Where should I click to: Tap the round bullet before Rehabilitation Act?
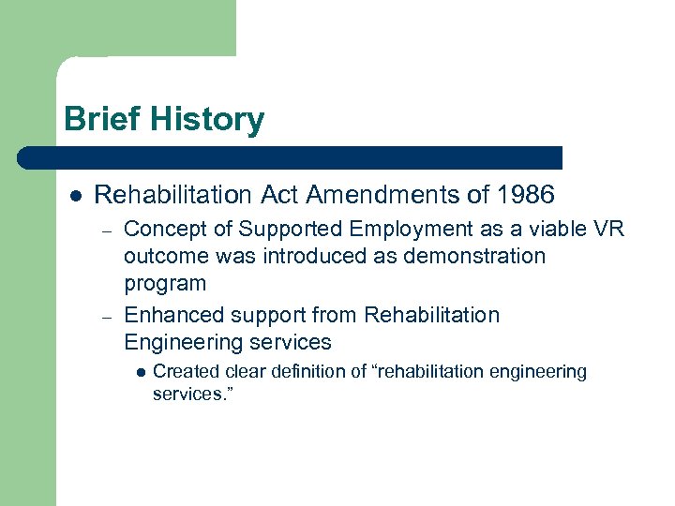(74, 196)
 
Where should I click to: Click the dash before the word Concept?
(108, 231)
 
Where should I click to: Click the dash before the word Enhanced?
(108, 316)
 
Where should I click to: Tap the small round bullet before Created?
(141, 372)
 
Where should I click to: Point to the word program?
(165, 284)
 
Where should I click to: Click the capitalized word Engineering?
(178, 342)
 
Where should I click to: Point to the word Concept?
(162, 230)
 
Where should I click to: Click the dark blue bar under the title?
(291, 157)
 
